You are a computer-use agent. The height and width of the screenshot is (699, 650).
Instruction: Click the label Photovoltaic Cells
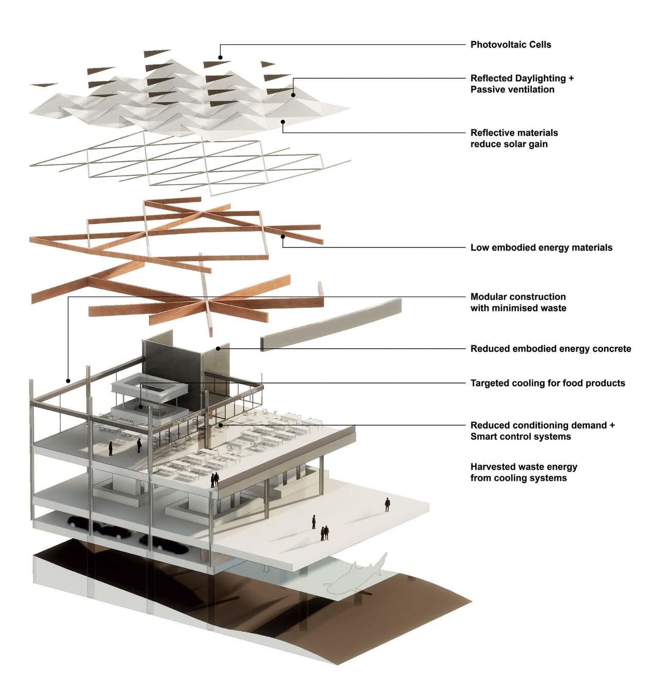pyautogui.click(x=510, y=45)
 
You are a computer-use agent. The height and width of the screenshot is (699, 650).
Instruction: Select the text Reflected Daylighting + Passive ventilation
pyautogui.click(x=521, y=84)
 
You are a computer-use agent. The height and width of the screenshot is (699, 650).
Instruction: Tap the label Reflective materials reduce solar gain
pyautogui.click(x=514, y=138)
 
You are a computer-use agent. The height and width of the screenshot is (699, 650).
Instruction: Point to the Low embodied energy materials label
pyautogui.click(x=541, y=248)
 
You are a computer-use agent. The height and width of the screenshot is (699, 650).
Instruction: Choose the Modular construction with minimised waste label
pyautogui.click(x=518, y=302)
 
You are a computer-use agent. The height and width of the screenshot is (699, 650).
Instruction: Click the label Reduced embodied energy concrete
pyautogui.click(x=550, y=349)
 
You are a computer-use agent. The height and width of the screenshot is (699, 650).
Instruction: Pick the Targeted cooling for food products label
pyautogui.click(x=547, y=383)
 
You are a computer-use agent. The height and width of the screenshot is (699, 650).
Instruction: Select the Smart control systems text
pyautogui.click(x=520, y=437)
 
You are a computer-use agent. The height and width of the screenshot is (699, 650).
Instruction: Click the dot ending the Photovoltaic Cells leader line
pyautogui.click(x=220, y=58)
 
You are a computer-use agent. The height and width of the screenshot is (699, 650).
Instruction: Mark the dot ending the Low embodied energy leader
pyautogui.click(x=283, y=237)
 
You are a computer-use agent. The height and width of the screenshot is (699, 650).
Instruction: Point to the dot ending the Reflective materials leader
pyautogui.click(x=282, y=122)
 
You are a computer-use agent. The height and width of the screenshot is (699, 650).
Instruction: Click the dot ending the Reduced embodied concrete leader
pyautogui.click(x=218, y=349)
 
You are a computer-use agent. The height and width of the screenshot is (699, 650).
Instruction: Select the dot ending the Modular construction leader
pyautogui.click(x=68, y=381)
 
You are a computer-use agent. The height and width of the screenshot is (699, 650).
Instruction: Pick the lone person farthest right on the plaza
pyautogui.click(x=387, y=504)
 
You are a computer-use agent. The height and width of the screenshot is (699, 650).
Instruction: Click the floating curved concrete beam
pyautogui.click(x=332, y=325)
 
